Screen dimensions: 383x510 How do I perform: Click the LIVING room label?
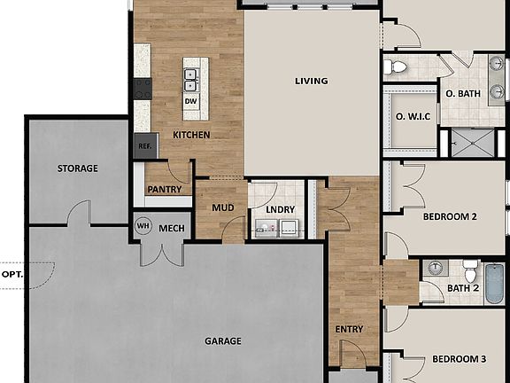click(311, 81)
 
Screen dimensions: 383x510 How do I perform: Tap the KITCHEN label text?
click(190, 135)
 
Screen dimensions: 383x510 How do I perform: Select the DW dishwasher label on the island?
click(190, 101)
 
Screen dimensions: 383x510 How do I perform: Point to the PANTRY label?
click(164, 189)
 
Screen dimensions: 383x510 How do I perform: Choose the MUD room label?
click(221, 208)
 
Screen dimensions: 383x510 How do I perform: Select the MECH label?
click(171, 228)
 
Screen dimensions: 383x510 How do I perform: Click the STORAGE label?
click(78, 168)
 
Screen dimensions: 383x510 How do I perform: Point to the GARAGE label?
click(223, 340)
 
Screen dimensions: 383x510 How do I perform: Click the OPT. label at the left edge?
click(12, 275)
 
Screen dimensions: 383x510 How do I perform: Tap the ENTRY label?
click(349, 329)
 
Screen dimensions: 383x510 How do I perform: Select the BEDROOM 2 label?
click(450, 217)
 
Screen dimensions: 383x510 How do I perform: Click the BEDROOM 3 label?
click(459, 359)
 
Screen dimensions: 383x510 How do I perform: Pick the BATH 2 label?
click(462, 289)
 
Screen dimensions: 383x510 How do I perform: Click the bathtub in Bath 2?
click(493, 282)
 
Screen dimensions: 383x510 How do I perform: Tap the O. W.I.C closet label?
click(411, 116)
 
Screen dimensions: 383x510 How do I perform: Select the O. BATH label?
click(462, 93)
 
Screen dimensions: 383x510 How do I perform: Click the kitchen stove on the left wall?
click(142, 88)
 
